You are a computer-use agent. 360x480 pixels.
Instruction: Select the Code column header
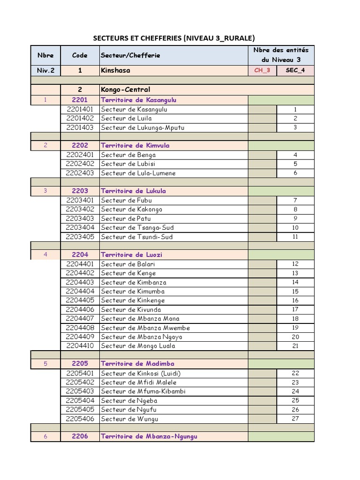(80, 55)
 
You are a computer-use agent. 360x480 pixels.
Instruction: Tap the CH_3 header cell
(262, 71)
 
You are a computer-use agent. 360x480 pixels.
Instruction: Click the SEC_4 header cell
(295, 71)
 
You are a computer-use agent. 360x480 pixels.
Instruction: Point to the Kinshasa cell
(115, 71)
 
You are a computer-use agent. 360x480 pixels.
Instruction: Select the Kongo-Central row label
(125, 90)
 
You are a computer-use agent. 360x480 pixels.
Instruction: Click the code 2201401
(80, 109)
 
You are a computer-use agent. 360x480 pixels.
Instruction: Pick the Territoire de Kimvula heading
(135, 145)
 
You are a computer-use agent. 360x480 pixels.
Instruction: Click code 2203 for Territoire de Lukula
(80, 191)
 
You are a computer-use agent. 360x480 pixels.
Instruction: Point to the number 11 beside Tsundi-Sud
(295, 237)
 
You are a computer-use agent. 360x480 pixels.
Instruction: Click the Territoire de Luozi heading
(131, 255)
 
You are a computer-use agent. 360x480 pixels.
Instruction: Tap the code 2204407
(80, 319)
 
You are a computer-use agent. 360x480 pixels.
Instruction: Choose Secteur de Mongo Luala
(138, 346)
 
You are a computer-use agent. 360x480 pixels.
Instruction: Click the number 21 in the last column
(295, 346)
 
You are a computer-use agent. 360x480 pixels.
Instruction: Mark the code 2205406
(80, 419)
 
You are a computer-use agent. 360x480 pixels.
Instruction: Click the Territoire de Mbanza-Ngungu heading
(149, 437)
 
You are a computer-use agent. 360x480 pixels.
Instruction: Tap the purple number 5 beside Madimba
(45, 364)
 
